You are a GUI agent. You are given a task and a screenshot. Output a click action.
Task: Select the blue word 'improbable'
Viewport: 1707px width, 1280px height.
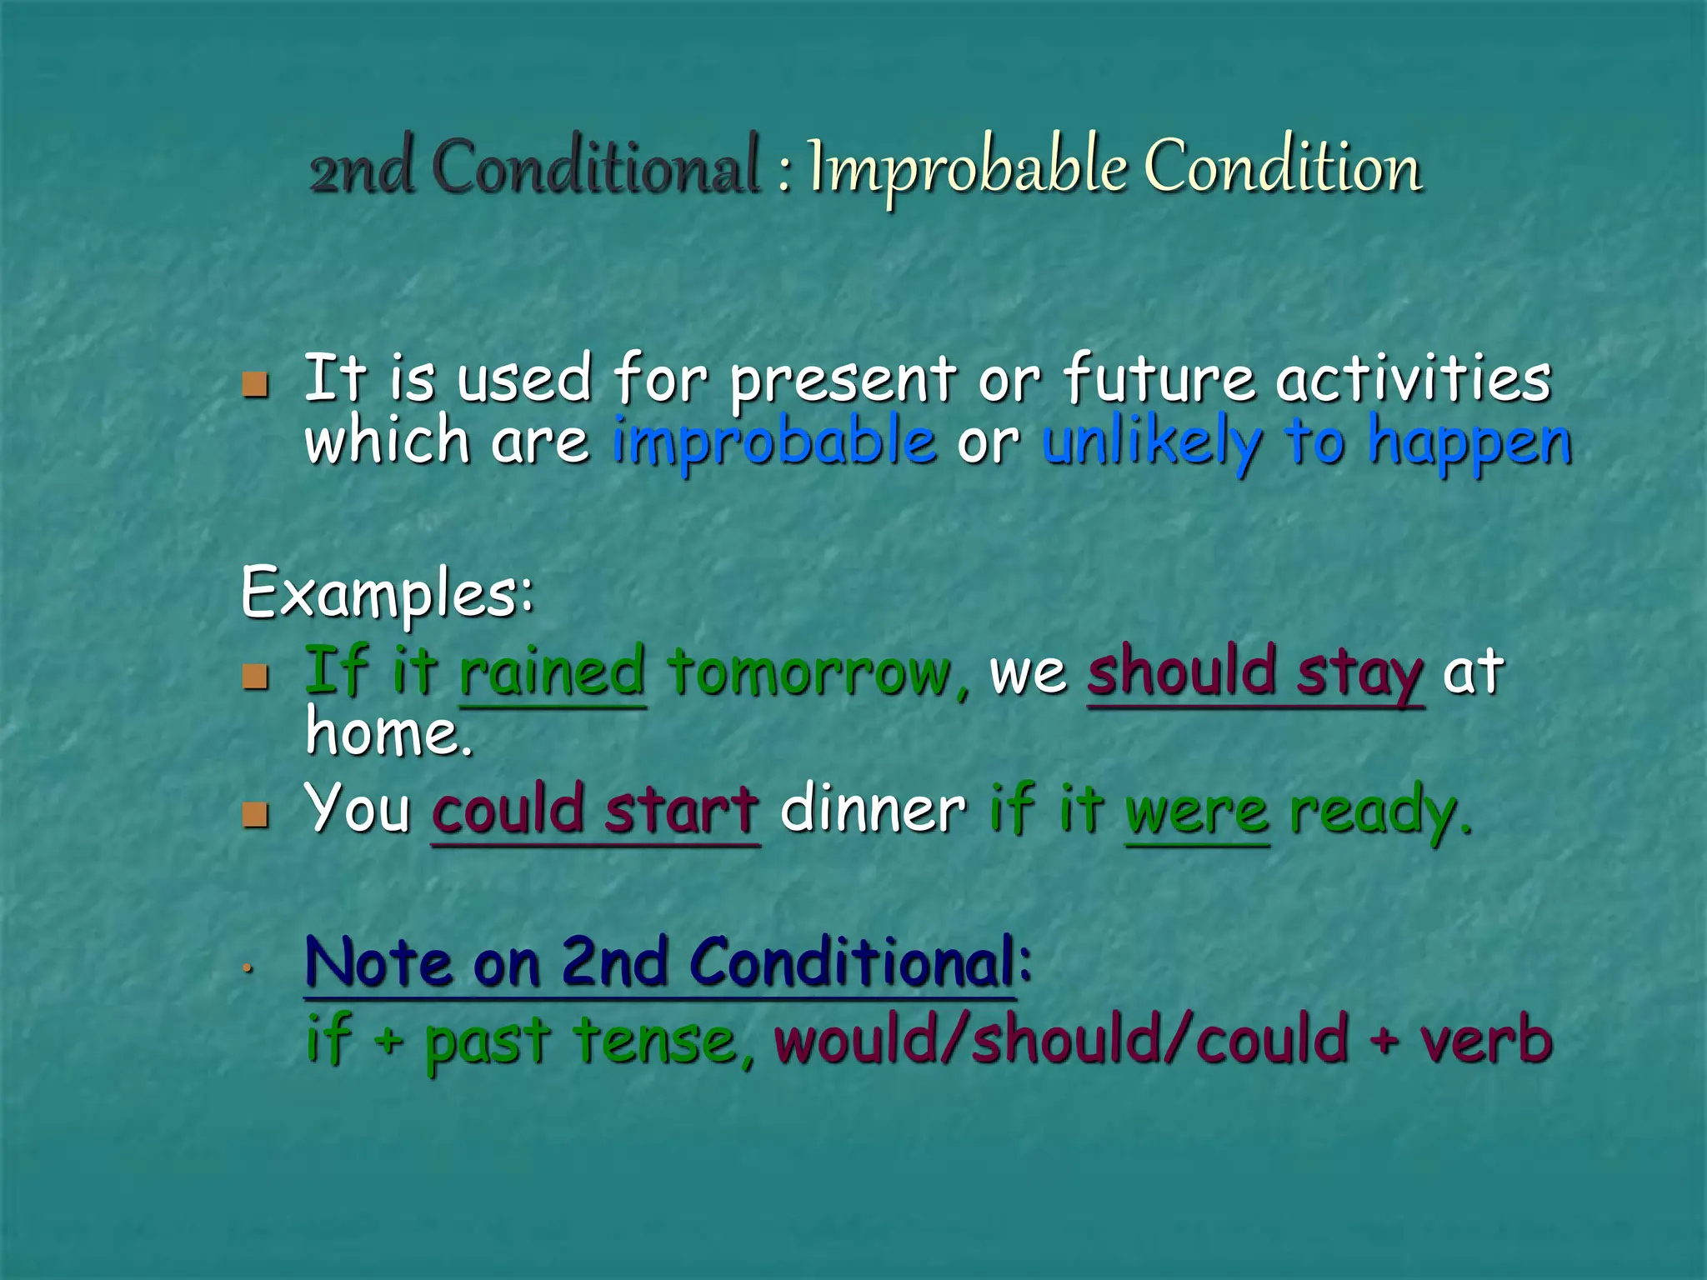[x=774, y=442]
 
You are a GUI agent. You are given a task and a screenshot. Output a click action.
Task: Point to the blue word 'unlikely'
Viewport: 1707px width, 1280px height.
[x=1151, y=442]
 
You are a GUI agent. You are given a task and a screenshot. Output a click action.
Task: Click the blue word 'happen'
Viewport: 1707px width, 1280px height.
[x=1469, y=444]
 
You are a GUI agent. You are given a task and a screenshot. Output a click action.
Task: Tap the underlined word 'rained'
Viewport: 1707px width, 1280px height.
[x=553, y=672]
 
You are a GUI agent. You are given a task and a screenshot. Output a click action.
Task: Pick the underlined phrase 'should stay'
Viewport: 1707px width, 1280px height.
[x=1255, y=673]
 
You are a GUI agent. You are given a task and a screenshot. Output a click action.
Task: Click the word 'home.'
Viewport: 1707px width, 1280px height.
[x=389, y=732]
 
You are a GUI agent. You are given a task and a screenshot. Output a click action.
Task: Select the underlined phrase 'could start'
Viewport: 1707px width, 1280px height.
[x=596, y=810]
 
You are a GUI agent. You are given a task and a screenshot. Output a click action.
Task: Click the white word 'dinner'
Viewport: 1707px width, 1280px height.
[x=873, y=810]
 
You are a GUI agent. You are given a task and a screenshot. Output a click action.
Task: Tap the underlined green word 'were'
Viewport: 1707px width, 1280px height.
[x=1197, y=812]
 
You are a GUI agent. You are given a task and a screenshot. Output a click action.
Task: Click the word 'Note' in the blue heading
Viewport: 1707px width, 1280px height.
[x=379, y=963]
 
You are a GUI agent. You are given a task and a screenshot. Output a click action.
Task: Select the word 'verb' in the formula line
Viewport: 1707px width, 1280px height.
[x=1486, y=1042]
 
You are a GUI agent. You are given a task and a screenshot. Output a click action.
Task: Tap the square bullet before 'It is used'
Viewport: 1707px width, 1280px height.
[x=256, y=384]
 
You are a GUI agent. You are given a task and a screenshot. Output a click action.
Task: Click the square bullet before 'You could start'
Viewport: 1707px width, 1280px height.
[x=256, y=814]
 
